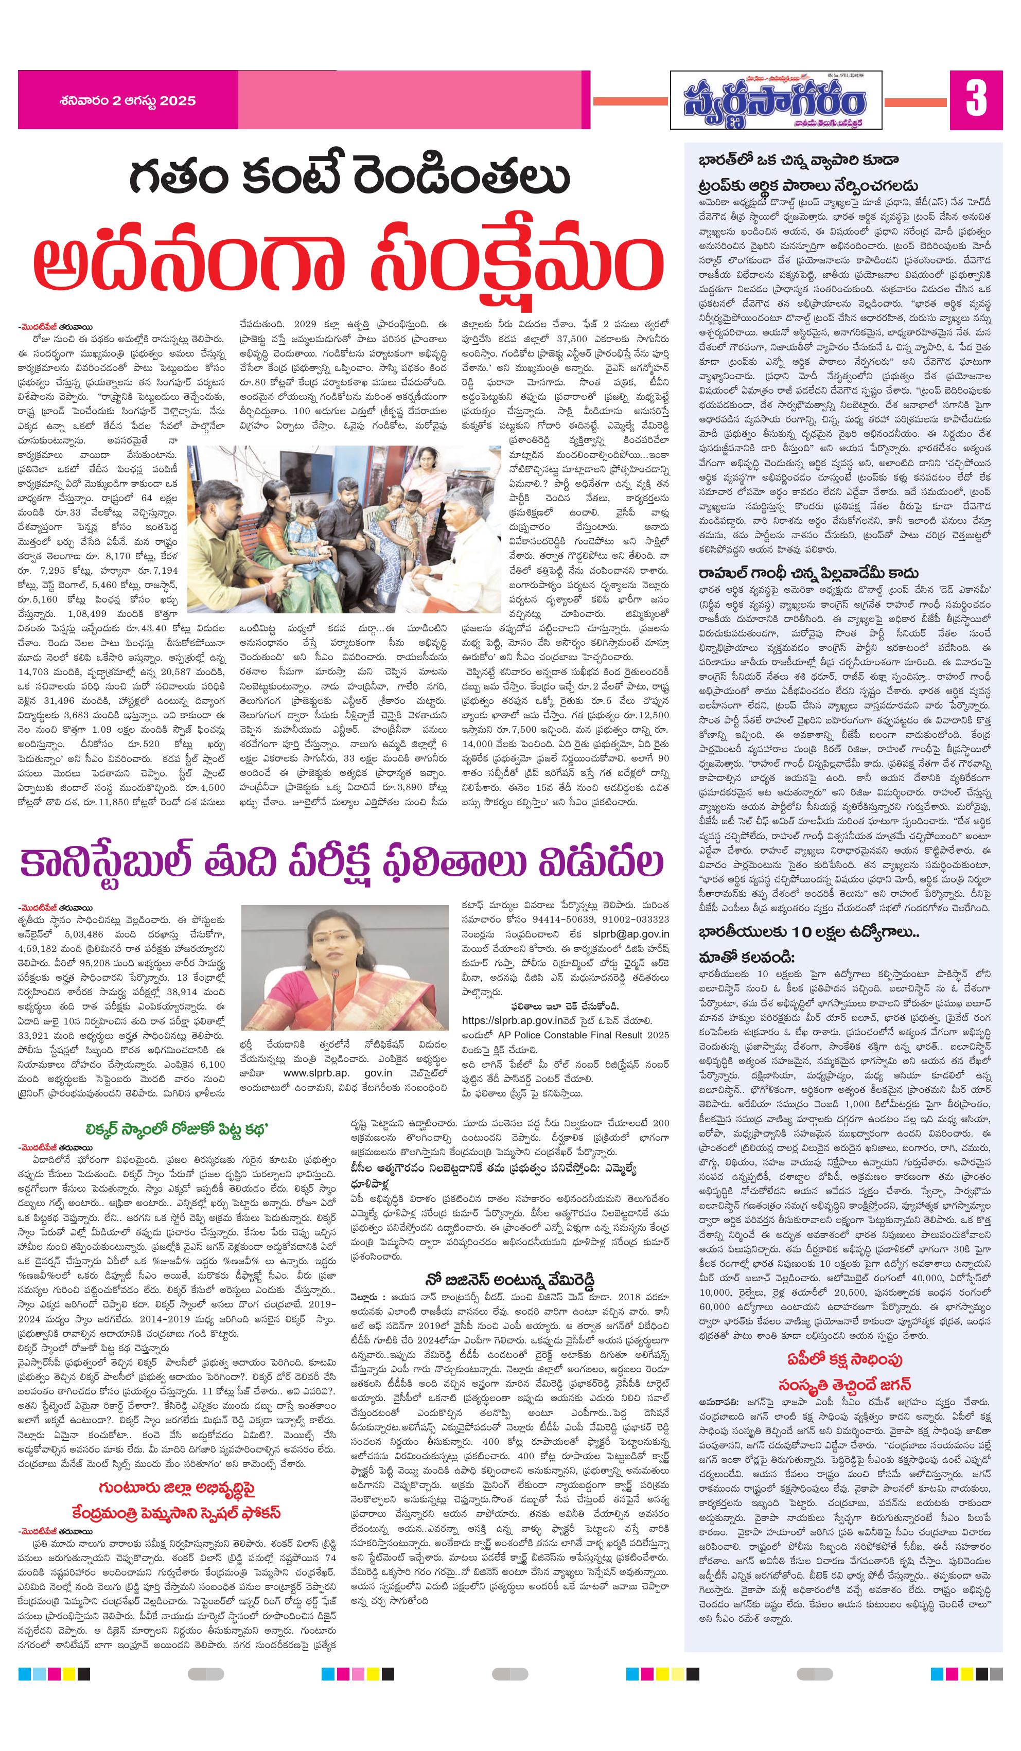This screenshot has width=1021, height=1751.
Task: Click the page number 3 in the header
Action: point(975,99)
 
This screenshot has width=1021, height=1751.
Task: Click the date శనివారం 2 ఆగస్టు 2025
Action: point(127,101)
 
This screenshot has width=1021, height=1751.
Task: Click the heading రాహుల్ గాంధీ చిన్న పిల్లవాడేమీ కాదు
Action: point(808,573)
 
